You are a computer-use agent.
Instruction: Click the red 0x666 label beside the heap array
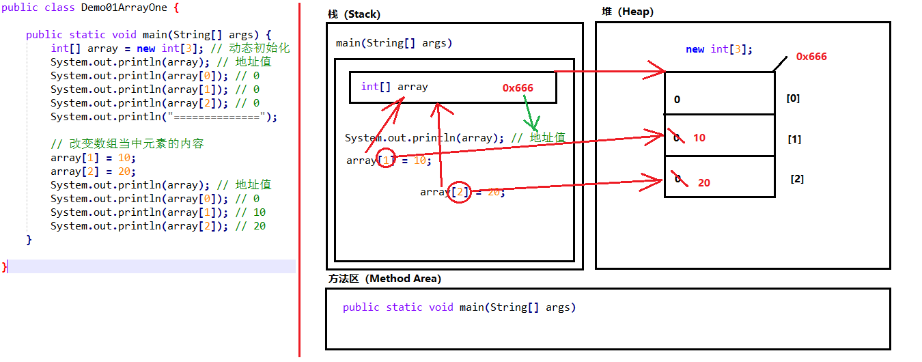point(811,57)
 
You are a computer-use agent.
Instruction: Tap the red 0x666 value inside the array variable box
point(518,87)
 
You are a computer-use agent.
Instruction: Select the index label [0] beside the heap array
point(793,98)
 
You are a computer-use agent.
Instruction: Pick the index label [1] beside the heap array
point(794,139)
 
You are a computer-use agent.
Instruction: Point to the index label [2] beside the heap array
point(797,179)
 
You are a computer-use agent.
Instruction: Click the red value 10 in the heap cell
point(699,138)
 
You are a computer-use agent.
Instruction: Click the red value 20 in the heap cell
point(704,183)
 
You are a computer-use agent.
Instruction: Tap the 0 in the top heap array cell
point(677,100)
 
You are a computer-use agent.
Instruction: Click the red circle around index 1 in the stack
point(386,160)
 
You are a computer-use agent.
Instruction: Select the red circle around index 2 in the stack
point(460,193)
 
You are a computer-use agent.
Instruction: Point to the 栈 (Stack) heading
point(354,14)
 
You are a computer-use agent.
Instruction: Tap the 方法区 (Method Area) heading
point(384,279)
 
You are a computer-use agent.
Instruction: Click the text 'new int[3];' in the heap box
point(719,49)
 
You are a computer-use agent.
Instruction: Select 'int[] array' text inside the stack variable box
point(394,87)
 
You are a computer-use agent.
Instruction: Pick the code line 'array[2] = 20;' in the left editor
point(93,171)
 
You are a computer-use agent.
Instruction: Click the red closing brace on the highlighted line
point(5,266)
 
